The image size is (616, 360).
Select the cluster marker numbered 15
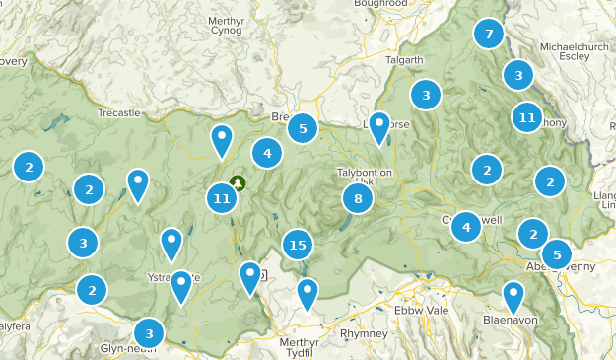(x=298, y=245)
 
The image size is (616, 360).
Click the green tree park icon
(x=238, y=183)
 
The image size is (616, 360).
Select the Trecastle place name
(x=119, y=113)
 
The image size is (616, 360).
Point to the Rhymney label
(x=362, y=333)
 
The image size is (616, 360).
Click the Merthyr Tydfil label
(x=300, y=347)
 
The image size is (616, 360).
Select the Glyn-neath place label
(x=128, y=348)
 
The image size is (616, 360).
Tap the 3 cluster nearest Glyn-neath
(x=149, y=332)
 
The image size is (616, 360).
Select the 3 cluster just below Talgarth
(x=426, y=96)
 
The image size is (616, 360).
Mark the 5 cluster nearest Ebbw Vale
(x=556, y=253)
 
